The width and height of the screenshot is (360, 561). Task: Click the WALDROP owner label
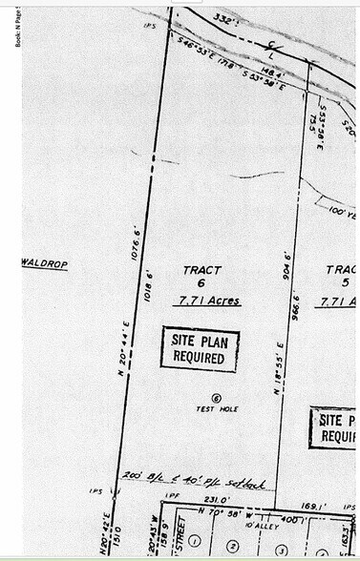point(45,263)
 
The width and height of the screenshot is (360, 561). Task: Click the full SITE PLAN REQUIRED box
point(199,348)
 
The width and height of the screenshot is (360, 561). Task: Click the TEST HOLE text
point(217,409)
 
